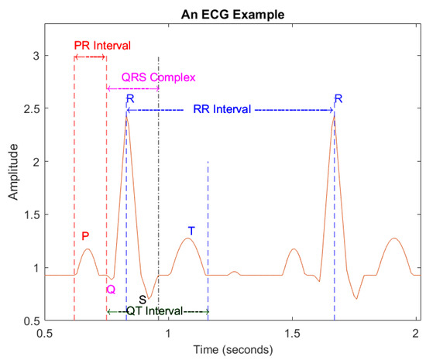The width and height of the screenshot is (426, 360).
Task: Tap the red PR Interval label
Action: point(102,45)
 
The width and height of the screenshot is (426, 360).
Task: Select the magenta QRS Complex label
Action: point(157,77)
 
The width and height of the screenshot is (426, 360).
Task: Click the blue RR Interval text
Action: point(222,110)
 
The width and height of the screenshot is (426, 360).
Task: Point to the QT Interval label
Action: point(156,311)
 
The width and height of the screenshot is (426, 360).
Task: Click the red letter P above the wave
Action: point(86,236)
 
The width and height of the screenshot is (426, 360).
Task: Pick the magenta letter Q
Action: point(111,289)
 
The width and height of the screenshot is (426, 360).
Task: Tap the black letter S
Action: point(143,299)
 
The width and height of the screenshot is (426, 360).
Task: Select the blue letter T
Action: point(191,231)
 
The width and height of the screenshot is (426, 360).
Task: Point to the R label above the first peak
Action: point(130,99)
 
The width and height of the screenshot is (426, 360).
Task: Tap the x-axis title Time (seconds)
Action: point(232,349)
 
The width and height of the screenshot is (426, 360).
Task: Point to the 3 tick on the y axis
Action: point(35,56)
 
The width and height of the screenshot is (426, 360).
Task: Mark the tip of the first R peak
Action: point(127,115)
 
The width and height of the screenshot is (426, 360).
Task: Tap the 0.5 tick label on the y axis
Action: point(29,321)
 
